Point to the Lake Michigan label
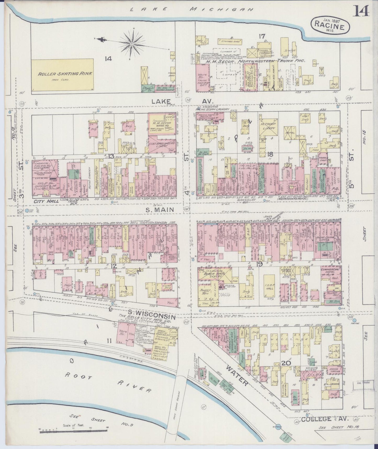click(x=191, y=9)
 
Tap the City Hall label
click(x=46, y=201)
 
